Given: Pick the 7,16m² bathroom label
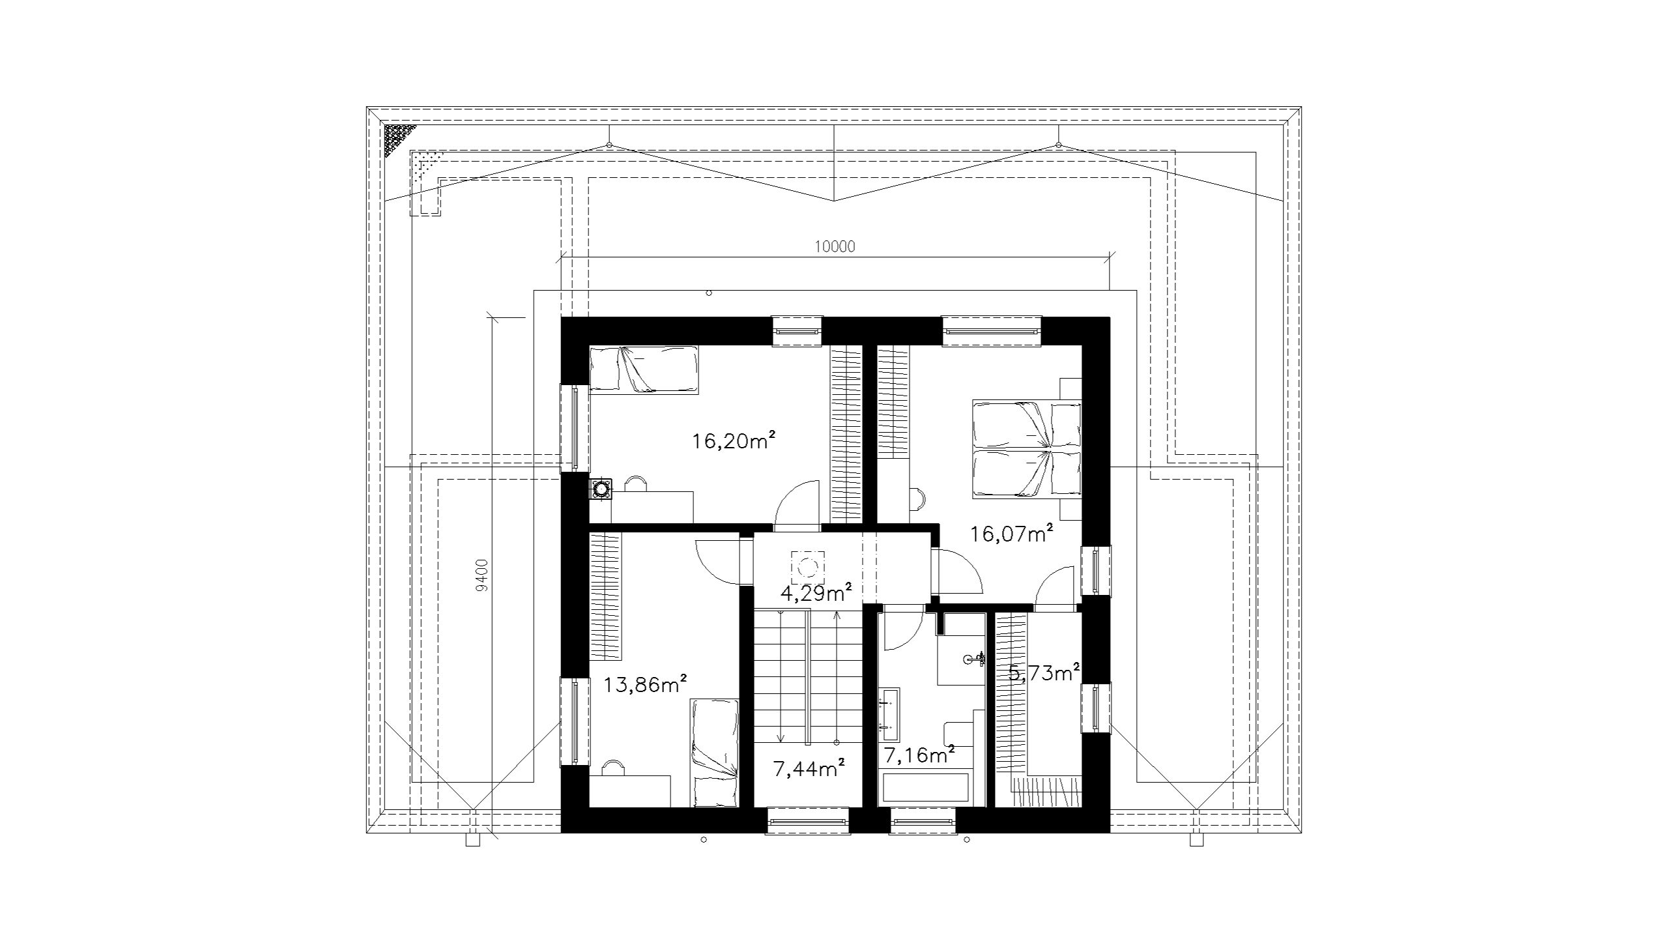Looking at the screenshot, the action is coord(919,755).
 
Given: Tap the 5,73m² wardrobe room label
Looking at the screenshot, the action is coord(1044,672).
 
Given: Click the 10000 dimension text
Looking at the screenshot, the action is coord(835,246).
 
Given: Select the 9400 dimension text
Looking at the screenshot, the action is coord(482,575).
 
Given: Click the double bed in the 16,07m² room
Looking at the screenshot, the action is coord(1027,450).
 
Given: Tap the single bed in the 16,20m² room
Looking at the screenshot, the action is coord(644,369).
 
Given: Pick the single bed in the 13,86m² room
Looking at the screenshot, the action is coord(714,753).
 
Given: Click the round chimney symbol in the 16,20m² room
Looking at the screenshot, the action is coord(601,488).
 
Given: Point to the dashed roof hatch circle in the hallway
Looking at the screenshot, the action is coord(808,568).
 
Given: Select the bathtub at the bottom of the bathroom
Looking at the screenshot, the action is coord(925,788).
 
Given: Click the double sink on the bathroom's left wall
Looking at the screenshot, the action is coord(889,714).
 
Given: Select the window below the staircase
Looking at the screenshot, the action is coord(808,821).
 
